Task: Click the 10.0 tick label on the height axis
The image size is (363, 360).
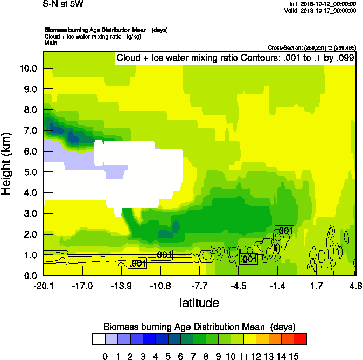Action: [27, 68]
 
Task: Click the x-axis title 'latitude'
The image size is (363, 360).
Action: [199, 303]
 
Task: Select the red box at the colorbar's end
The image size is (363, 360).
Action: [301, 339]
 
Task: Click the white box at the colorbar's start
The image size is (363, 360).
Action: [98, 339]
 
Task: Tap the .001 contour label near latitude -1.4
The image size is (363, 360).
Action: [284, 231]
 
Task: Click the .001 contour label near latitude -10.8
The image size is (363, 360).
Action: [163, 254]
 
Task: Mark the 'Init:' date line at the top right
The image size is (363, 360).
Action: [327, 4]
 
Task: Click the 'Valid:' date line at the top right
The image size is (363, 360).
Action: [327, 10]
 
